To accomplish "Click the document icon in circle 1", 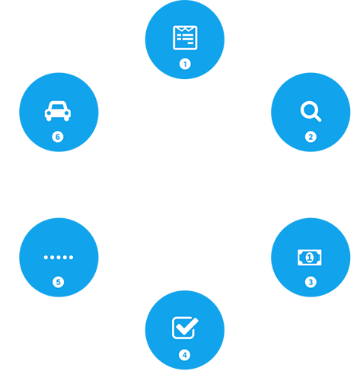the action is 185,37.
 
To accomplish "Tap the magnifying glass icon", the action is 311,111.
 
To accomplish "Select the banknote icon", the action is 310,258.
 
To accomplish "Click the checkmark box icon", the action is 185,328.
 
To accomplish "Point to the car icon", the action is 58,111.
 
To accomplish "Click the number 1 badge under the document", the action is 185,64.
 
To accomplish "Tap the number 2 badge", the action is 311,137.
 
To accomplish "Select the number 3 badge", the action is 311,282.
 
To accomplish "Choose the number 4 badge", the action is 184,355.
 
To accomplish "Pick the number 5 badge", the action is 58,282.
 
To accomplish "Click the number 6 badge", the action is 58,137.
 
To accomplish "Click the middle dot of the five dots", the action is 59,258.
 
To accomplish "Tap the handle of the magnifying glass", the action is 317,118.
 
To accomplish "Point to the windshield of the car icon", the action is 58,106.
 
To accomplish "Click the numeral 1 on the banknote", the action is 309,258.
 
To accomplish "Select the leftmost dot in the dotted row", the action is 46,258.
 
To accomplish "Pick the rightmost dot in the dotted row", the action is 71,258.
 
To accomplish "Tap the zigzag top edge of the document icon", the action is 185,29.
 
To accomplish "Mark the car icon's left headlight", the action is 49,113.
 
